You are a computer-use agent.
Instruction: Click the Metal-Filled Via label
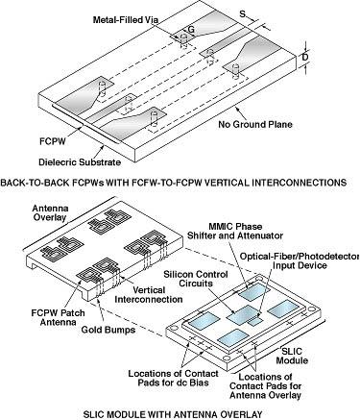click(126, 20)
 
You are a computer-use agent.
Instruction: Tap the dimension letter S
click(243, 13)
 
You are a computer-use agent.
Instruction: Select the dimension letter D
click(305, 58)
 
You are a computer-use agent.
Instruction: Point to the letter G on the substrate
click(191, 30)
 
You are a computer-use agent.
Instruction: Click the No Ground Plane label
click(255, 124)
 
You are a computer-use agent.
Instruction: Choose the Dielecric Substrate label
click(80, 161)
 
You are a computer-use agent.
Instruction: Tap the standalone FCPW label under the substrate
click(52, 141)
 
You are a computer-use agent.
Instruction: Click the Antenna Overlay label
click(50, 213)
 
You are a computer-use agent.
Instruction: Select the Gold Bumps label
click(108, 330)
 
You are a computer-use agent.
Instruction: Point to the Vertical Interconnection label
click(149, 295)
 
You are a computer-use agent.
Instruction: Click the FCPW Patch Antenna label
click(58, 317)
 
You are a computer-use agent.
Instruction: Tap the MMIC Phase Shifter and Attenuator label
click(235, 231)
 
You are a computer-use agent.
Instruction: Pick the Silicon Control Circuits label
click(196, 279)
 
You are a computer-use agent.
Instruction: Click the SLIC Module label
click(292, 356)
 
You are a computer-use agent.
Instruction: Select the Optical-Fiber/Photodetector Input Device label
click(300, 260)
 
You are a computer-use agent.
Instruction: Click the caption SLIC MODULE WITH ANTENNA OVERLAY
click(173, 414)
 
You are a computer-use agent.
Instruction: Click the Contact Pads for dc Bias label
click(173, 378)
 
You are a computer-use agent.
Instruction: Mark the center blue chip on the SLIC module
click(242, 315)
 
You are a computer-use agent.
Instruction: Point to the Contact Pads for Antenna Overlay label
click(266, 386)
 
